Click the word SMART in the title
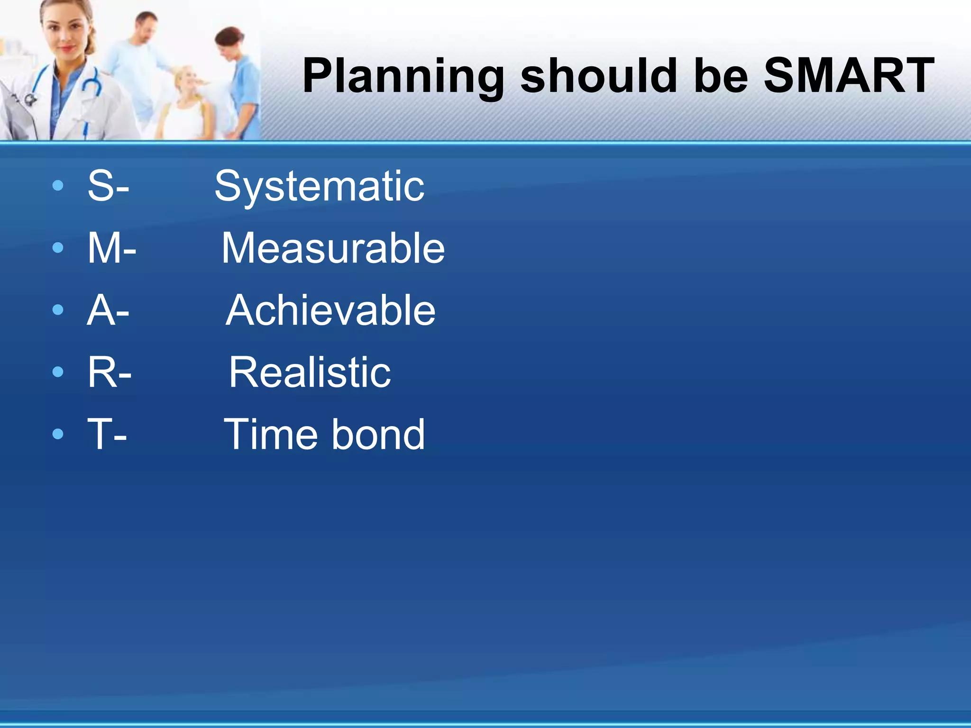pyautogui.click(x=849, y=76)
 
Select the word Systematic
pyautogui.click(x=320, y=186)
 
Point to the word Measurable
pyautogui.click(x=333, y=248)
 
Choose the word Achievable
pyautogui.click(x=330, y=310)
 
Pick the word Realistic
pyautogui.click(x=310, y=373)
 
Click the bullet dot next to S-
pyautogui.click(x=58, y=185)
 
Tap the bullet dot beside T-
pyautogui.click(x=58, y=434)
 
